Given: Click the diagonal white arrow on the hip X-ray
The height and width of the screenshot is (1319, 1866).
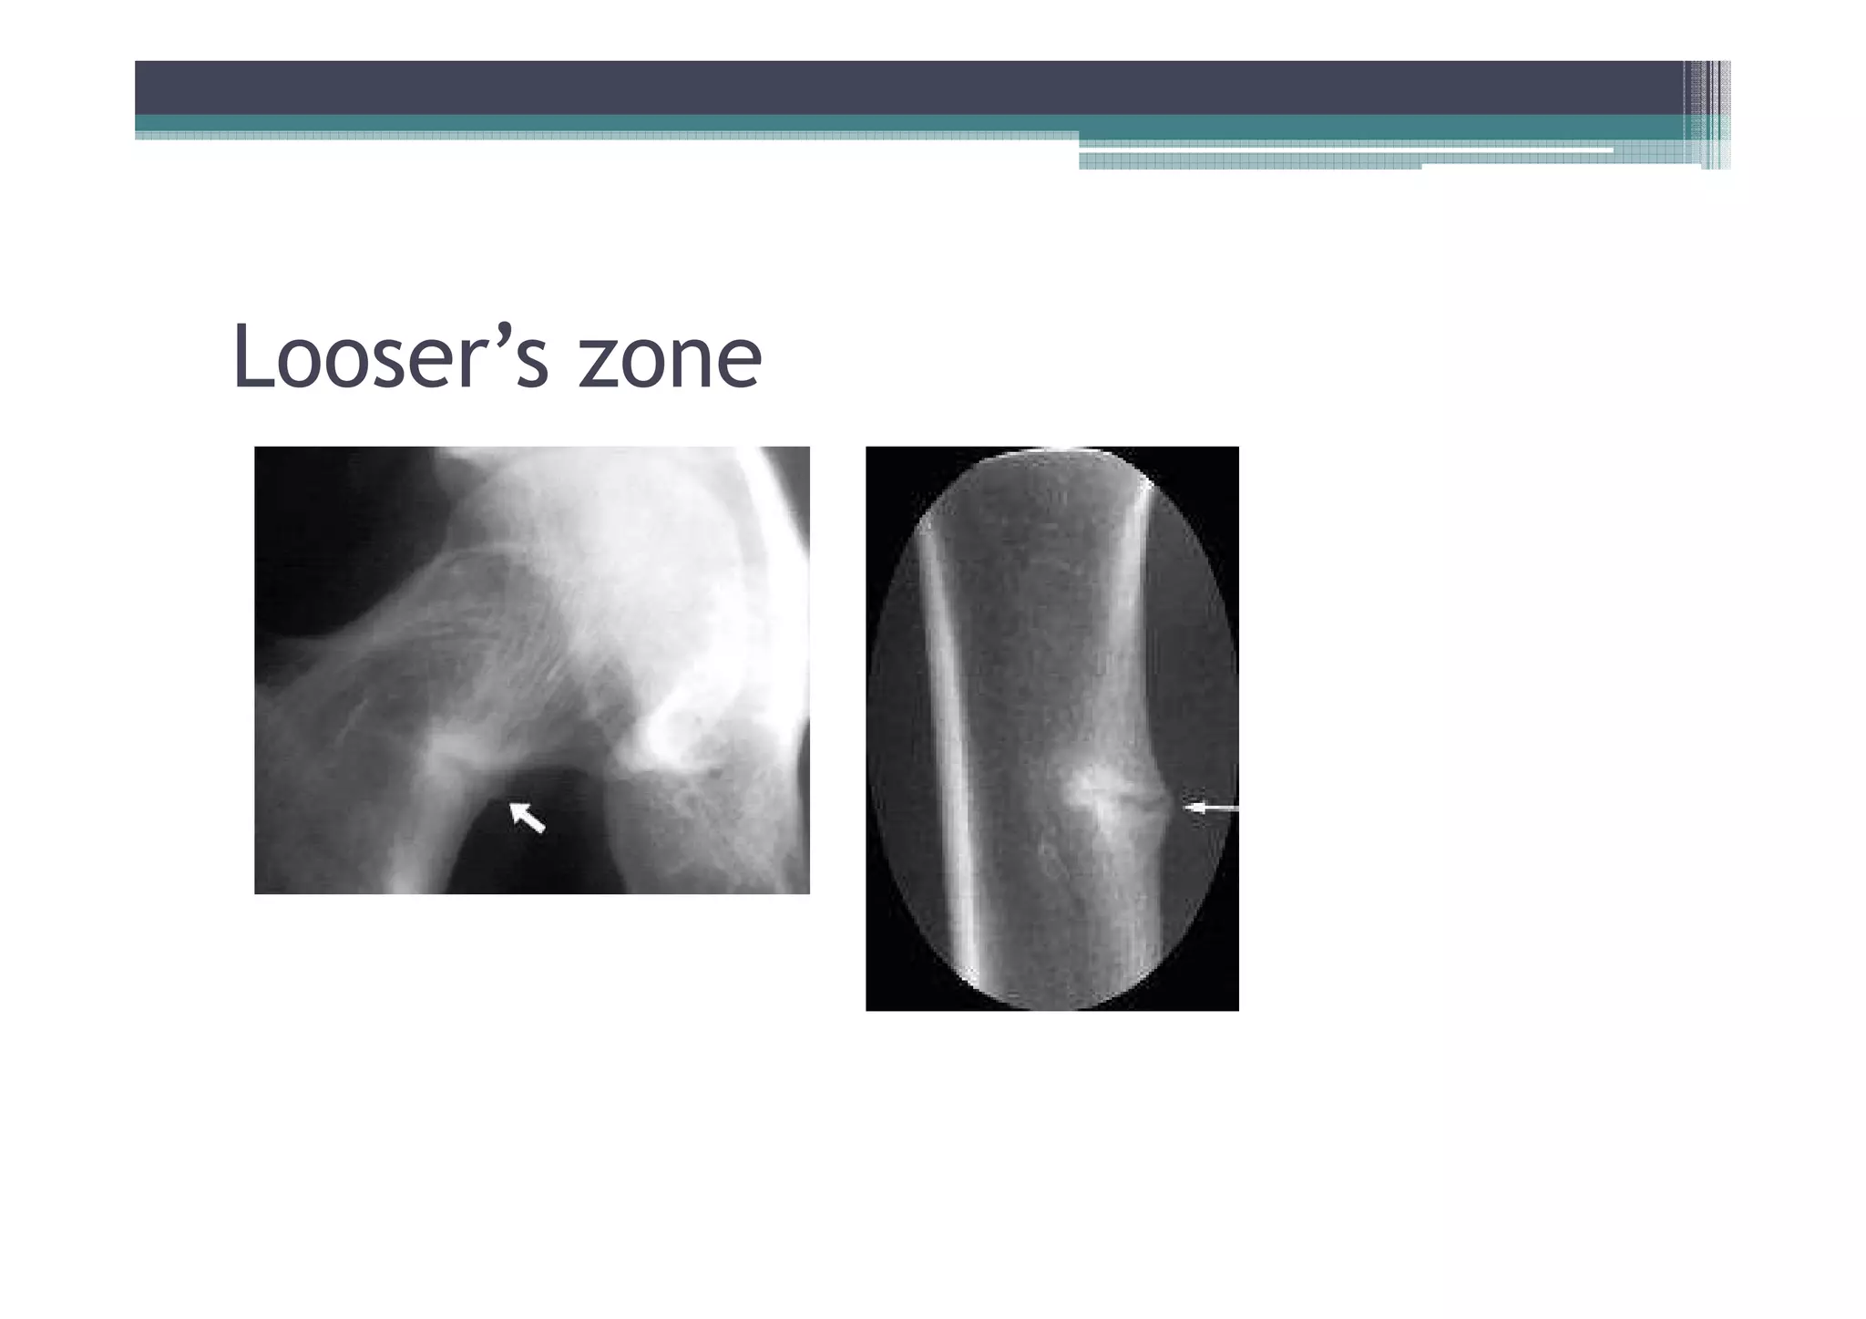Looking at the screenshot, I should pyautogui.click(x=527, y=816).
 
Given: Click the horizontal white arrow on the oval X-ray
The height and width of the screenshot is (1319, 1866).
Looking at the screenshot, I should pyautogui.click(x=1210, y=808).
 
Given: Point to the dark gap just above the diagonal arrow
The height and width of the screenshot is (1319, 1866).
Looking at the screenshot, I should pyautogui.click(x=510, y=779).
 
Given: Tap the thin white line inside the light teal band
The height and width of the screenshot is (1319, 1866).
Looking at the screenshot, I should pyautogui.click(x=1348, y=149).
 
